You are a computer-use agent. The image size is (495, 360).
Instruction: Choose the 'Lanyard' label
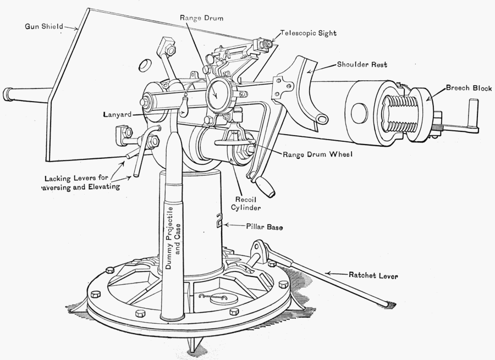118,115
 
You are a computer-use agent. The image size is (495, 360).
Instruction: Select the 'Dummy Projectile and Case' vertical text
173,236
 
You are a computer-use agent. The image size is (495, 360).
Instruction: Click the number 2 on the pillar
218,221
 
